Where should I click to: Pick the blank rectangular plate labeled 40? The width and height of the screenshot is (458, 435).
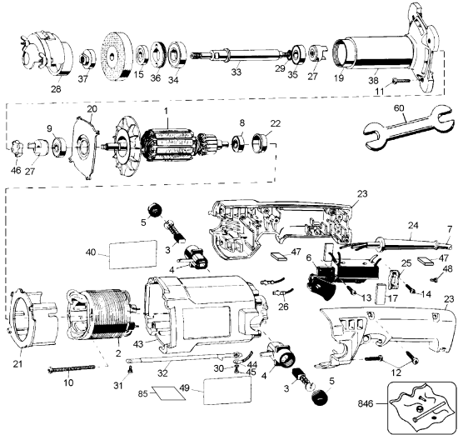pos(134,252)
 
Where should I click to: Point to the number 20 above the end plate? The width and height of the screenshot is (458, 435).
pos(92,109)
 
